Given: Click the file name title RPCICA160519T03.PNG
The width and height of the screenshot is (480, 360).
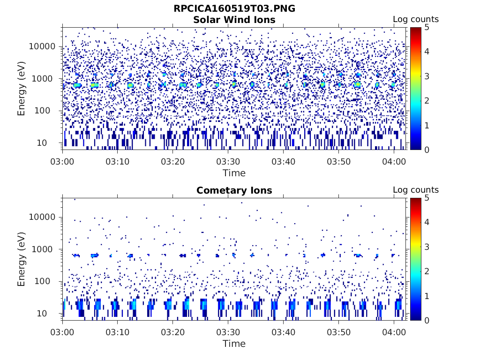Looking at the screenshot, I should tap(234, 8).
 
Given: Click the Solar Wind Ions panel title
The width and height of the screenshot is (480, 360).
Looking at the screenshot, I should tap(234, 20).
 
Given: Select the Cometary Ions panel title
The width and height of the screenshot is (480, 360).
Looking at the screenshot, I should tap(234, 190).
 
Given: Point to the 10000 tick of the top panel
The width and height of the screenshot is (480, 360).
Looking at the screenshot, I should tap(43, 47).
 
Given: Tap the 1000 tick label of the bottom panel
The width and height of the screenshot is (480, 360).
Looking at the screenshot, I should tap(45, 249).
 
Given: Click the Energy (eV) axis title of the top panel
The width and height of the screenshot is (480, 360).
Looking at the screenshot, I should tap(22, 89).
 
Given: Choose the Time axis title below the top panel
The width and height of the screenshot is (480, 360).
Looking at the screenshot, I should tap(234, 173).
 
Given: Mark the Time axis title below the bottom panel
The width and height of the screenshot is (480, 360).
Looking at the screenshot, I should tap(234, 344).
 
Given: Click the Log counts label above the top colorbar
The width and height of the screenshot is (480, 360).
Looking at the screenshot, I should tap(416, 19).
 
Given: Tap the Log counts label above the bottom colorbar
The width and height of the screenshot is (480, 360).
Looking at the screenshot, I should tap(416, 190).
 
